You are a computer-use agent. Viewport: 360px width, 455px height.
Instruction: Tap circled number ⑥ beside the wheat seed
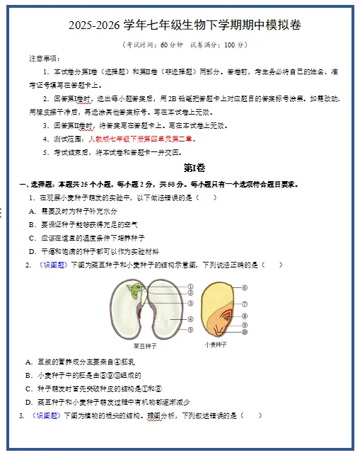coord(244,288)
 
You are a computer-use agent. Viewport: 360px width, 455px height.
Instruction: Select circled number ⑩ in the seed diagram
coord(244,331)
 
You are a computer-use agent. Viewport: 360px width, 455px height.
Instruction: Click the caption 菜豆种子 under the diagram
coord(145,347)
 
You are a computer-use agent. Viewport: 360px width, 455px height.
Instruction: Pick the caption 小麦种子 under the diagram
coord(215,345)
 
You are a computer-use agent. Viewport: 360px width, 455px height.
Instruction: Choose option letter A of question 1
coord(33,211)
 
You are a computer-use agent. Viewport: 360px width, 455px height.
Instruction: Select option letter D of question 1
coord(33,251)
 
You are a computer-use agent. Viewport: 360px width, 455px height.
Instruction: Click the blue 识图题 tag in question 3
coord(48,415)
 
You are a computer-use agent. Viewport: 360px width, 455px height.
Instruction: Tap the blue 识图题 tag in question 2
coord(54,265)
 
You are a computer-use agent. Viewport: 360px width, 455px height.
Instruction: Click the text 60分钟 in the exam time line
coord(170,45)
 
